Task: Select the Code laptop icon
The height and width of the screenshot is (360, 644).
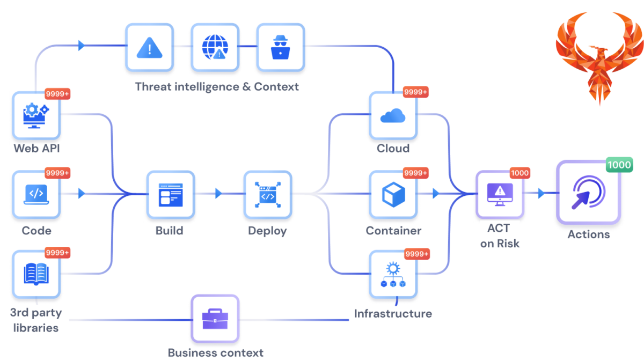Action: click(36, 194)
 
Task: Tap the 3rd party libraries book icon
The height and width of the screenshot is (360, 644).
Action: click(36, 274)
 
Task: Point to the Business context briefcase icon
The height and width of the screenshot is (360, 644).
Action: click(215, 320)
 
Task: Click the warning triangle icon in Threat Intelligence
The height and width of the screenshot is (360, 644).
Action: click(150, 49)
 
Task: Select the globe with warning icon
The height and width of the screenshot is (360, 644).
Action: click(215, 49)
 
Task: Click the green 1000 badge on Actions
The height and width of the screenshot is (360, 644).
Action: click(619, 165)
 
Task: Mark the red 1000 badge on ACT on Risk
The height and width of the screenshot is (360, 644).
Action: click(519, 173)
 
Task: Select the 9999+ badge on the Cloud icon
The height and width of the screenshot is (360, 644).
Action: click(416, 92)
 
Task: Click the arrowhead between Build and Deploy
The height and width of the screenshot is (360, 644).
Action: click(218, 193)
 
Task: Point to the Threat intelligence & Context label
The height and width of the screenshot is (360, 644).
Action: click(216, 87)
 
